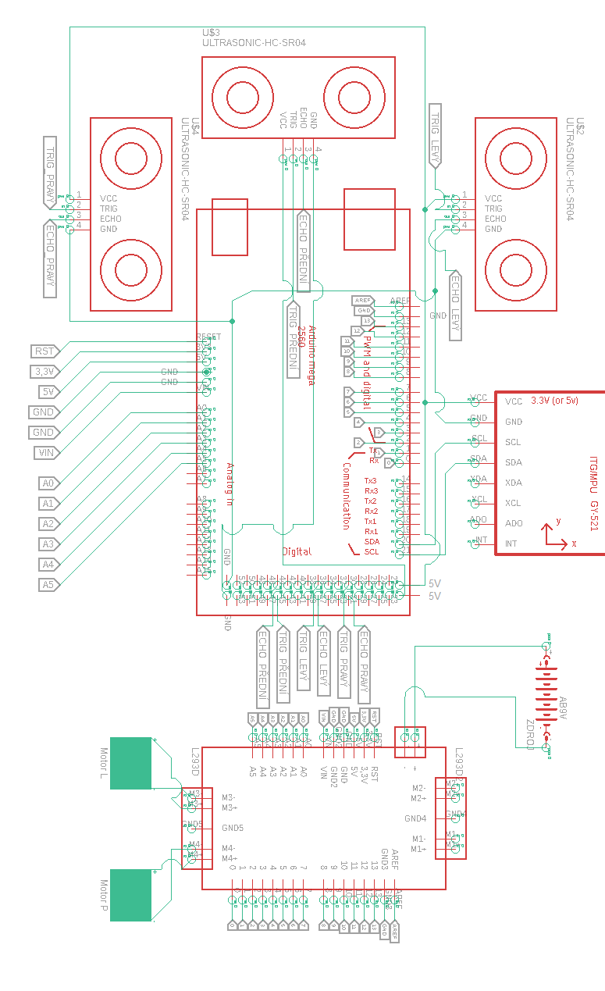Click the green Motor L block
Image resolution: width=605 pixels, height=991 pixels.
[130, 763]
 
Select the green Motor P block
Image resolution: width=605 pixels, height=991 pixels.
[130, 895]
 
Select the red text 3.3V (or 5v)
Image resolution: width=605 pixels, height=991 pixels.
[554, 401]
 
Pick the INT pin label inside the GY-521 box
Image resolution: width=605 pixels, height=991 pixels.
[511, 544]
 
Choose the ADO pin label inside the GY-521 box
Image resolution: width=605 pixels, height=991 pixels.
[514, 523]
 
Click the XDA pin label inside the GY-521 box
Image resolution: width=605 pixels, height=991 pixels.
[513, 483]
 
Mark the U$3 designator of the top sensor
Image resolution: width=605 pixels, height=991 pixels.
[211, 32]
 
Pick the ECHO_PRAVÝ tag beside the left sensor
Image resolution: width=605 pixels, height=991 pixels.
[50, 258]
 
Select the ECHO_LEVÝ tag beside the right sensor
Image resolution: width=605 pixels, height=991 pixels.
[455, 305]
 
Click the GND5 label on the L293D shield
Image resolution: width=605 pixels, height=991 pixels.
[233, 828]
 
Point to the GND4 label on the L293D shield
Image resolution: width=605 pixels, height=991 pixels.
[415, 818]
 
